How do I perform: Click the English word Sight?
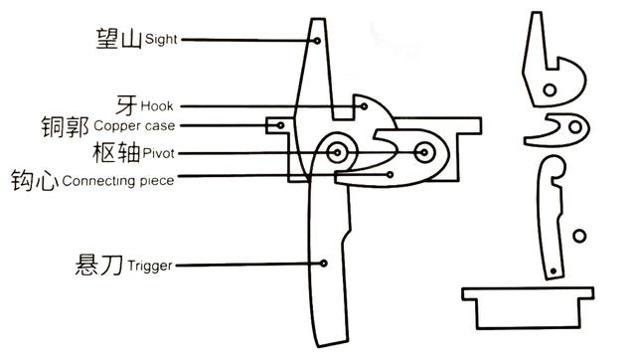tap(161, 40)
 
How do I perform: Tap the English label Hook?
tap(157, 106)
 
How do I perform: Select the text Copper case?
tap(134, 126)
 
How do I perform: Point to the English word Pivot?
tap(159, 153)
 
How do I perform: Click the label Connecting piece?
tap(118, 181)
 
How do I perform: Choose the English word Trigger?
tap(150, 266)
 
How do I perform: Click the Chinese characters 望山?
tap(119, 39)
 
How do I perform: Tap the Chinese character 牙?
tap(126, 105)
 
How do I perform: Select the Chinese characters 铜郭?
tap(65, 126)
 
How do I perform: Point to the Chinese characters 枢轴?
tap(117, 152)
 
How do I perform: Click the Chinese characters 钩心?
tap(35, 180)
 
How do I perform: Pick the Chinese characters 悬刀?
tap(99, 266)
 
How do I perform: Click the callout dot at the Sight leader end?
tap(317, 41)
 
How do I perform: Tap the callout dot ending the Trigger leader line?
tap(323, 264)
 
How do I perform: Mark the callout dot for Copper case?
tap(280, 125)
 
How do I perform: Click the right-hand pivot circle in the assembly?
tap(424, 152)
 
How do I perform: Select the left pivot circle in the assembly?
tap(337, 152)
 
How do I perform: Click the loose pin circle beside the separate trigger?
tap(579, 236)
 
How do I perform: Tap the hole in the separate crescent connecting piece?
tap(575, 127)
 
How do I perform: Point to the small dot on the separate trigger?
tap(554, 270)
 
